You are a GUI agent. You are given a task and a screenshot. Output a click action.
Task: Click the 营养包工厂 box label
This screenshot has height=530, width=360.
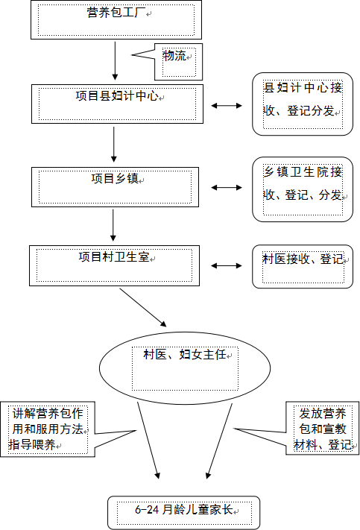pyautogui.click(x=116, y=13)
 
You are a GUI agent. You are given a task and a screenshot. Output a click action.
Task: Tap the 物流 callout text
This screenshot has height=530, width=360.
pyautogui.click(x=174, y=56)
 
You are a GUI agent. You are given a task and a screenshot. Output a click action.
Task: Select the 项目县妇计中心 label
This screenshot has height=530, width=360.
pyautogui.click(x=117, y=96)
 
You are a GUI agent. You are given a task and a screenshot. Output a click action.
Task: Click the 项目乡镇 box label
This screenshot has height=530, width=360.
pyautogui.click(x=115, y=178)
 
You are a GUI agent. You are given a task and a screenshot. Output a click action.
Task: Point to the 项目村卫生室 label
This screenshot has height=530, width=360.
pyautogui.click(x=114, y=257)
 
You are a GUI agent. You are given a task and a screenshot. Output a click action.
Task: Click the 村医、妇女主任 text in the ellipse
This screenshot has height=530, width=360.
pyautogui.click(x=185, y=354)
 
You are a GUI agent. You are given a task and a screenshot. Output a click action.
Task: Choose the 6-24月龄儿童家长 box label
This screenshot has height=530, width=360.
pyautogui.click(x=184, y=509)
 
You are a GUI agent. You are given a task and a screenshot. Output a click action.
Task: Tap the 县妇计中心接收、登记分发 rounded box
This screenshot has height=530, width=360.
pyautogui.click(x=303, y=104)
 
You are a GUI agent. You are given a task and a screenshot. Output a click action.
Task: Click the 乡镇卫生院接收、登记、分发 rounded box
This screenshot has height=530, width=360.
pyautogui.click(x=303, y=189)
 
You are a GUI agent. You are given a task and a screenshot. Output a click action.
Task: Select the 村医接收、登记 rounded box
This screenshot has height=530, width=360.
pyautogui.click(x=303, y=267)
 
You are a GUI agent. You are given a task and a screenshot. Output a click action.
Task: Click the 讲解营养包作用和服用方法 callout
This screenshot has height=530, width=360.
pyautogui.click(x=48, y=429)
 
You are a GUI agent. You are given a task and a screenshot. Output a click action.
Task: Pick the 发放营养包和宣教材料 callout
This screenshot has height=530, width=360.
pyautogui.click(x=323, y=429)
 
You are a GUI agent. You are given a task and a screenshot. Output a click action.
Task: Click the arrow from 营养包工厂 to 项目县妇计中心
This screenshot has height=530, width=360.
pyautogui.click(x=115, y=61)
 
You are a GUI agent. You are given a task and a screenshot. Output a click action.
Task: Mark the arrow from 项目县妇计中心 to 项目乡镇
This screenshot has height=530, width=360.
pyautogui.click(x=114, y=145)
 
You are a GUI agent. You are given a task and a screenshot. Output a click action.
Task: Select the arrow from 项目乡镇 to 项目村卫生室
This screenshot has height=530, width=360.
pyautogui.click(x=113, y=225)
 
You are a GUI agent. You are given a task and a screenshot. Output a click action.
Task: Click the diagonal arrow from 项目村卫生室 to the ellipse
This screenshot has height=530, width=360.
pyautogui.click(x=143, y=308)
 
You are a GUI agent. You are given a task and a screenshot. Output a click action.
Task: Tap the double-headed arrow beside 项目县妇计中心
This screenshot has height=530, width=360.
pyautogui.click(x=227, y=106)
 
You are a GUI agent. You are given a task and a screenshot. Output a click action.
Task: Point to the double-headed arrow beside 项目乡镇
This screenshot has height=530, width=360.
pyautogui.click(x=227, y=188)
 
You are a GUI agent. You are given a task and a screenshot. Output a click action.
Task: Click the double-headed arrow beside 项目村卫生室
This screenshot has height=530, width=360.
pyautogui.click(x=227, y=266)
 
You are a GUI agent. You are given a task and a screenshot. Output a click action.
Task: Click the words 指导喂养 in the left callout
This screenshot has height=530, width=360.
pyautogui.click(x=32, y=444)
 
